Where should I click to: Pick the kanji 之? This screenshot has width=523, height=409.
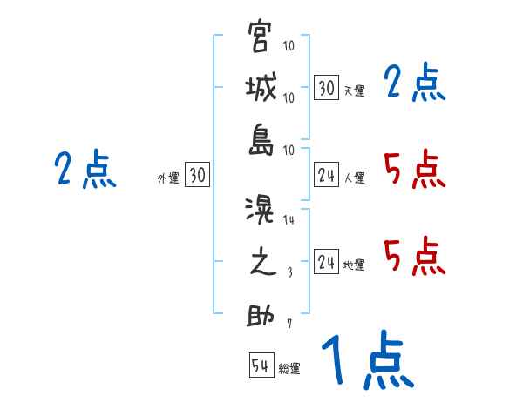coord(261,263)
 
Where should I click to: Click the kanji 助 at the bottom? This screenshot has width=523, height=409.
coord(261,314)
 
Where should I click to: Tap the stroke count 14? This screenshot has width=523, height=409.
coord(289,220)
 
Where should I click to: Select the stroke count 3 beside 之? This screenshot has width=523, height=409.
coord(289,272)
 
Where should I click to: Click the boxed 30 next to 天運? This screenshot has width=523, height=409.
coord(326,88)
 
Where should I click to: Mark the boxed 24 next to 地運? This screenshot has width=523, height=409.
coord(326,262)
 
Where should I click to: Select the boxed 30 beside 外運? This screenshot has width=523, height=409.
coord(197,175)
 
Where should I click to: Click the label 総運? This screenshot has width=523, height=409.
coord(289,369)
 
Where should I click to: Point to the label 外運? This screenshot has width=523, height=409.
coord(168,178)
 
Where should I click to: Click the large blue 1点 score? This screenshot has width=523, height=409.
coord(366,361)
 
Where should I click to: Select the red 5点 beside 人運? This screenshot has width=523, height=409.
coord(415,170)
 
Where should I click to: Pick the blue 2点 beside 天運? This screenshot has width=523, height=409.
coord(415,84)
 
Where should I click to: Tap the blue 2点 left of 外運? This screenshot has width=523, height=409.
coord(85,170)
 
